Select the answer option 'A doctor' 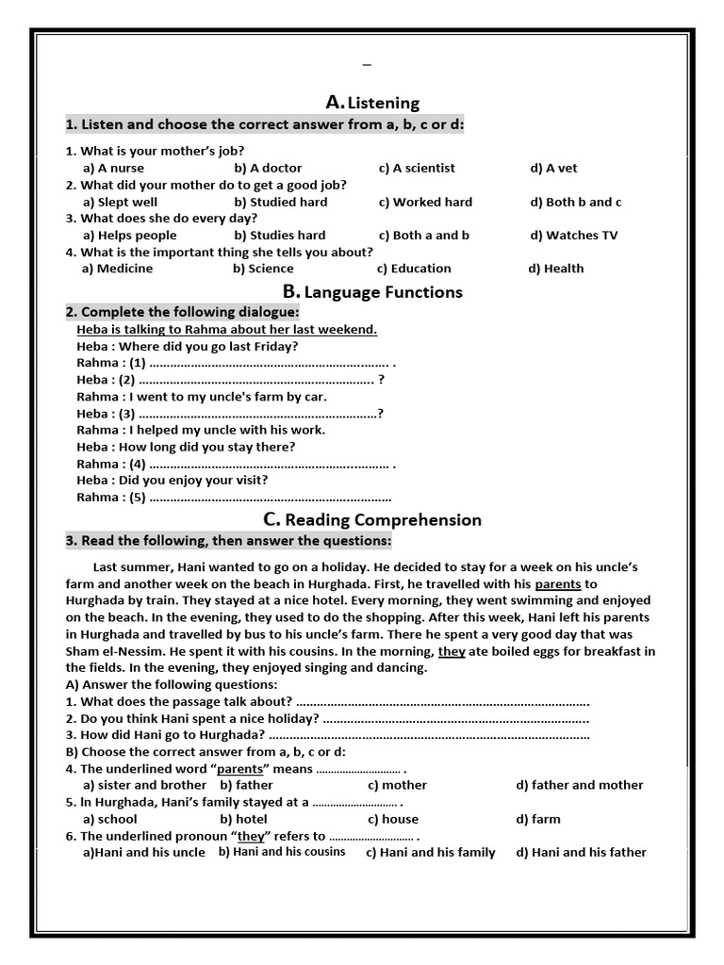click(x=255, y=168)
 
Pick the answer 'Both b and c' click(x=576, y=202)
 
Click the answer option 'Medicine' click(x=117, y=269)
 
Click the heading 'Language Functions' click(x=383, y=292)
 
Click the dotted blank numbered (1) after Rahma click(x=269, y=363)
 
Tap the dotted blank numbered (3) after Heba click(x=258, y=414)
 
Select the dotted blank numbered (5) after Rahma click(x=270, y=498)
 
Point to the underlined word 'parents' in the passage click(x=557, y=584)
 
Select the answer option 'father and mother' click(x=579, y=785)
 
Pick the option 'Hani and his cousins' click(x=282, y=852)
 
